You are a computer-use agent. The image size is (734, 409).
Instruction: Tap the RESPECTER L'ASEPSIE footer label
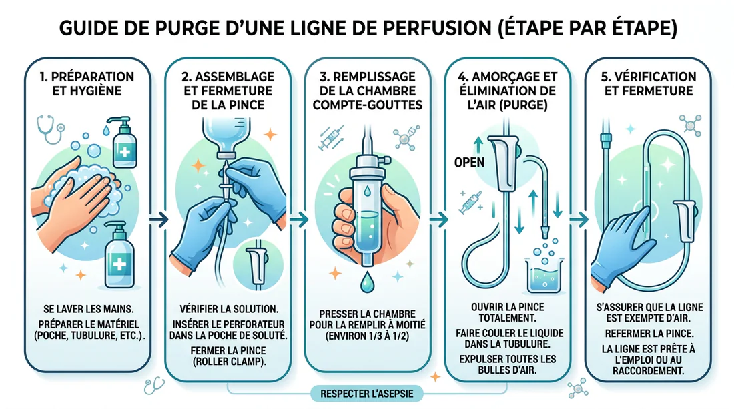pos(367,394)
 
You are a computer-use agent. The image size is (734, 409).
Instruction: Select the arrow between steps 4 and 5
pos(578,218)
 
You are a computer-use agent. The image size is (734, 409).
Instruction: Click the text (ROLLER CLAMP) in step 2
pos(224,362)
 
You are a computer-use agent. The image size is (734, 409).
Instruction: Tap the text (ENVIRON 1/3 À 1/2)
pos(366,335)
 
